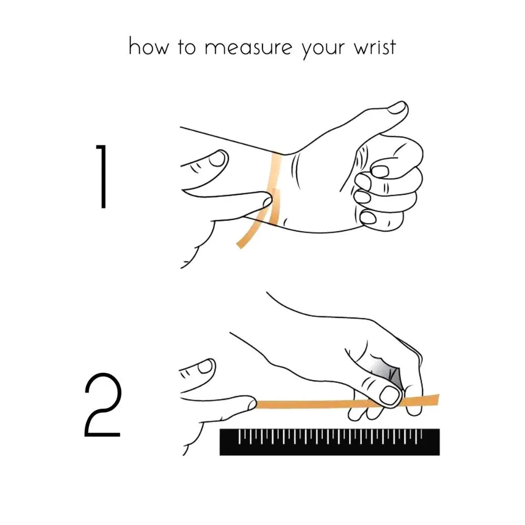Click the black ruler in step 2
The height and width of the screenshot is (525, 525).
[330, 443]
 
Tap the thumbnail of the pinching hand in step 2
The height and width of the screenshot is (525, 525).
[390, 395]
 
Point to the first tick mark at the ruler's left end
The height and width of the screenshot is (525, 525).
[240, 434]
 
